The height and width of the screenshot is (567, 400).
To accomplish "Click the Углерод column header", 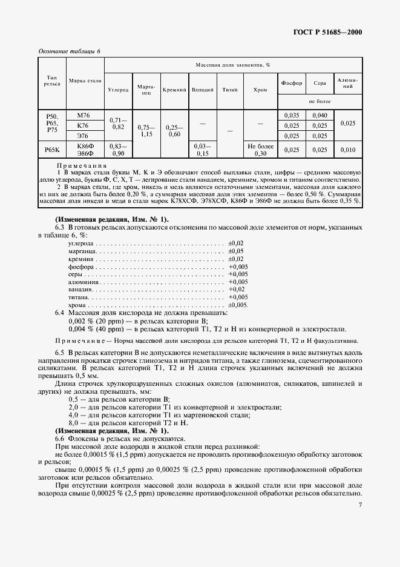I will (x=118, y=90).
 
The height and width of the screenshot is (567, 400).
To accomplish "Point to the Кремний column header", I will (x=174, y=90).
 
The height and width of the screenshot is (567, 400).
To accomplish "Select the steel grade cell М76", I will (x=83, y=115).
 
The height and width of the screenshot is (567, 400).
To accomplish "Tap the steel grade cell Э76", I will (x=83, y=136).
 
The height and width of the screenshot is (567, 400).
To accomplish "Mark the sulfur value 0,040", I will (x=320, y=115).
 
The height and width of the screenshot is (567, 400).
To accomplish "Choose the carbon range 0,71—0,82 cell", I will (x=118, y=124).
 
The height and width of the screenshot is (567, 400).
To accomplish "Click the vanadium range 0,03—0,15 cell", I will (x=202, y=150).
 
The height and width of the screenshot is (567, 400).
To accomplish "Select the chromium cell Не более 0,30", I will (x=260, y=150).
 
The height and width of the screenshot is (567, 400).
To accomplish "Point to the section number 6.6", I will (x=60, y=438).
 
